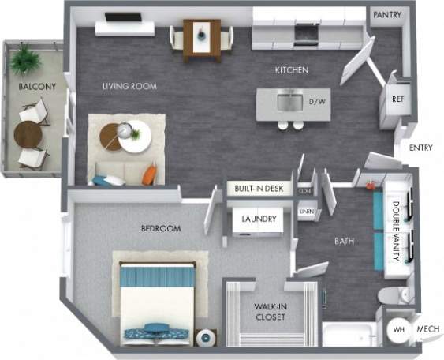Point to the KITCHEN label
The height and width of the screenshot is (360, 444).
[x=291, y=71]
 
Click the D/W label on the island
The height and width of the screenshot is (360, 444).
[x=317, y=102]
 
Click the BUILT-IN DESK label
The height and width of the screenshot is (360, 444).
[x=260, y=189]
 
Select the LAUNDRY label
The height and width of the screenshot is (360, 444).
[x=259, y=219]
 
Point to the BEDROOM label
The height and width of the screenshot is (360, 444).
[x=161, y=229]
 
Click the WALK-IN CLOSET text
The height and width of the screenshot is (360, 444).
[x=270, y=312]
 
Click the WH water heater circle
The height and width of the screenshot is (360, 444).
[x=399, y=329]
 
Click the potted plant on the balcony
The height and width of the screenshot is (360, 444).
[x=24, y=58]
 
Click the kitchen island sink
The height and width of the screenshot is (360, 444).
[x=289, y=101]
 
